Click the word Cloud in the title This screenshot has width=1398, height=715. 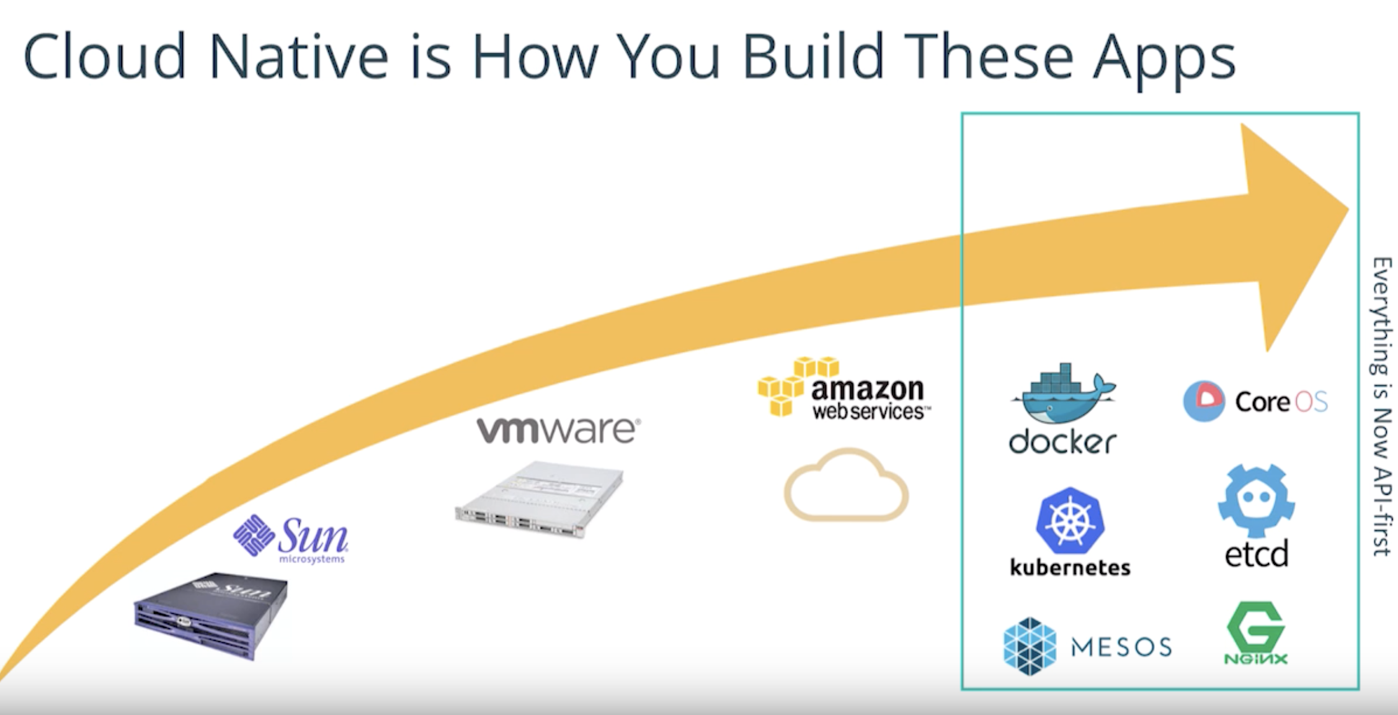click(x=104, y=57)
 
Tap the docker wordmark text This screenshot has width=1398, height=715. click(x=1062, y=442)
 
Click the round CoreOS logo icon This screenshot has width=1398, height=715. click(x=1203, y=402)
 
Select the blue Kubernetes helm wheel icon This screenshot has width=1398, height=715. click(x=1070, y=520)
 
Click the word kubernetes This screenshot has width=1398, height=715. click(x=1070, y=567)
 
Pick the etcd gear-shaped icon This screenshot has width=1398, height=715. click(x=1256, y=500)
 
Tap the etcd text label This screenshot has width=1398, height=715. click(x=1256, y=554)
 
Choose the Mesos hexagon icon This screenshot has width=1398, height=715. click(x=1030, y=646)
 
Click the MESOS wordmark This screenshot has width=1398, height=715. click(x=1121, y=647)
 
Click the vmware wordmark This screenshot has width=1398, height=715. click(x=558, y=430)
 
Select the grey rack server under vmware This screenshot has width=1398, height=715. click(x=540, y=500)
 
